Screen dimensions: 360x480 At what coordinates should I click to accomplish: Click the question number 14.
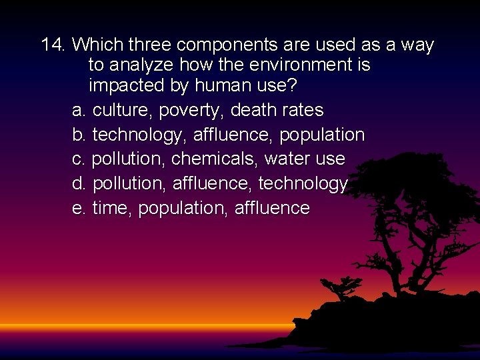tap(53, 45)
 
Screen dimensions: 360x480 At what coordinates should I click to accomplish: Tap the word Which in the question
tap(98, 45)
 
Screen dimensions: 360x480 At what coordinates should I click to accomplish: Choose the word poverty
tap(192, 111)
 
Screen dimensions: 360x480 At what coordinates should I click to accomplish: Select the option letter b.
tap(79, 135)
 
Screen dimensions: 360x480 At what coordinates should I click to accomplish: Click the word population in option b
tap(322, 135)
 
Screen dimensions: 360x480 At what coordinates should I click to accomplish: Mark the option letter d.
tap(79, 183)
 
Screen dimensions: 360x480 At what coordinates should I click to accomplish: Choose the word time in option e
tap(113, 208)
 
